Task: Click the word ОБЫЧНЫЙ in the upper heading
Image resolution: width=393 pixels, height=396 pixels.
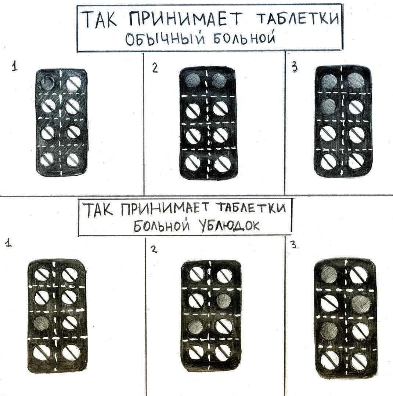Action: coord(162,40)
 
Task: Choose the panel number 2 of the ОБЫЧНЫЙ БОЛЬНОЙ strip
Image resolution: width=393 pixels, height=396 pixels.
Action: coord(155,68)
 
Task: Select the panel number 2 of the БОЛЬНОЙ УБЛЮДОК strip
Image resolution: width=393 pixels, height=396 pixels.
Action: coord(154,249)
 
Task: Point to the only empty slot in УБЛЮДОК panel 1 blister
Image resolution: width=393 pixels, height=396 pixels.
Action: coord(40,322)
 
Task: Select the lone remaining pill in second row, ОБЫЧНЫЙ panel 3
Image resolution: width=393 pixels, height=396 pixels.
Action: coord(356,107)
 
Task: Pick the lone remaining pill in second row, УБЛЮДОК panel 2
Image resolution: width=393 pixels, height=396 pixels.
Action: coord(196,300)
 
